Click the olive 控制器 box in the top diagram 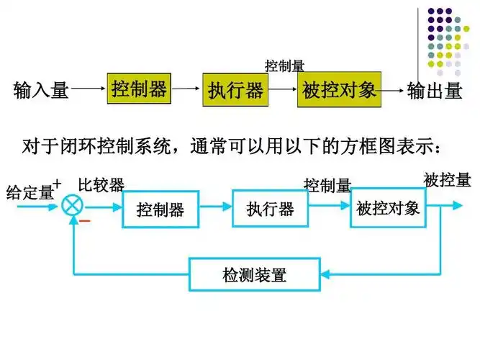(x=139, y=89)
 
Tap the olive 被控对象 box (x=338, y=91)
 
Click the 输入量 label (x=41, y=91)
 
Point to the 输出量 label (x=435, y=91)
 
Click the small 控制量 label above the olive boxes (x=284, y=66)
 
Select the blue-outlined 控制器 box (x=160, y=210)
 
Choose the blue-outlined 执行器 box (x=270, y=209)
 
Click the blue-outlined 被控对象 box (x=387, y=208)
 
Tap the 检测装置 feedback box (x=254, y=274)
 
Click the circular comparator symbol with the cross (x=73, y=205)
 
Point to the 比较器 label (x=101, y=184)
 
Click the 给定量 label (x=30, y=192)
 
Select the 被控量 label (x=447, y=180)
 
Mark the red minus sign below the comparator (x=85, y=221)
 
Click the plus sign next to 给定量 (x=58, y=183)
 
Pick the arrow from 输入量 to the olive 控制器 (x=88, y=91)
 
